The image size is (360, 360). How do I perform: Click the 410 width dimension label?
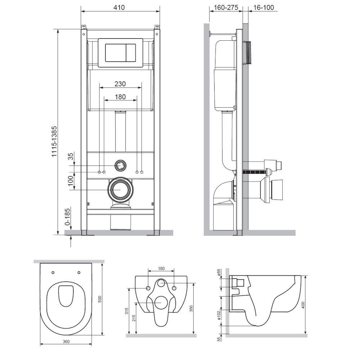119,8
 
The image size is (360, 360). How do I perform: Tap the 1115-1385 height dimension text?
54,141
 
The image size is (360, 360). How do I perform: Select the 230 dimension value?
120,84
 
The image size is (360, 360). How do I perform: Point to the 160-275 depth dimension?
226,8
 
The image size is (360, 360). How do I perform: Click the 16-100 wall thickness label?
264,8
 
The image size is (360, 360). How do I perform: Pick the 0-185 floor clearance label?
68,217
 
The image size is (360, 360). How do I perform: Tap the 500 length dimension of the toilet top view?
100,299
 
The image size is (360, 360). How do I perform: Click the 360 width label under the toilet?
66,342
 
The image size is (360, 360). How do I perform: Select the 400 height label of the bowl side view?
303,305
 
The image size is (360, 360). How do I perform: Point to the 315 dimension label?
127,311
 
